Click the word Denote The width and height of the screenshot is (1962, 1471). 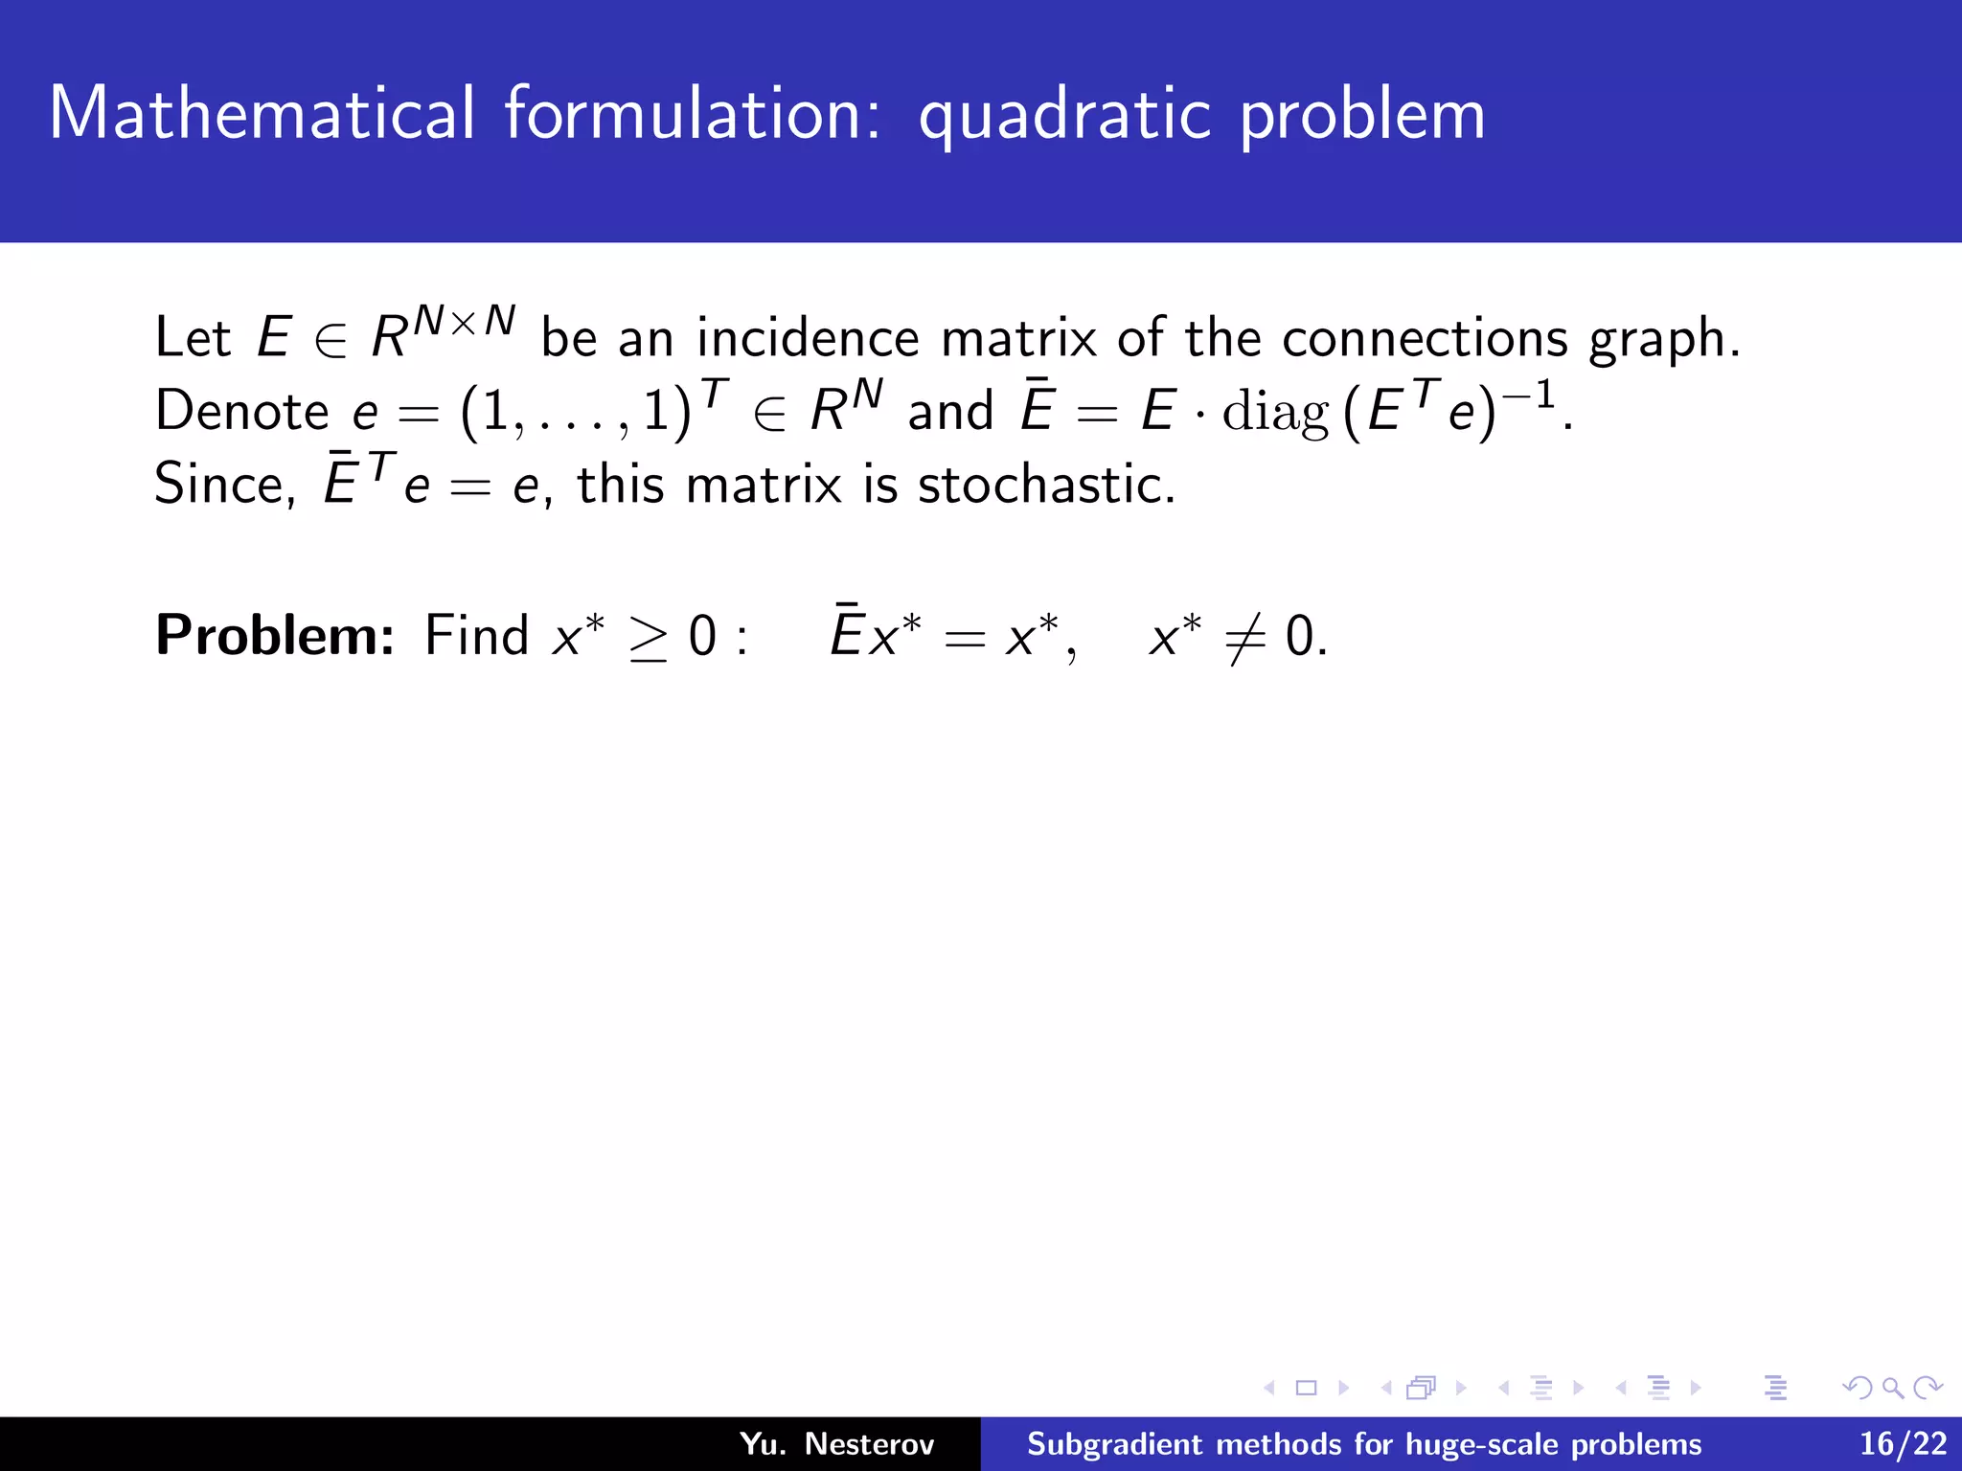pos(241,412)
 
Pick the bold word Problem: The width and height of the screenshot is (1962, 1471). pos(275,635)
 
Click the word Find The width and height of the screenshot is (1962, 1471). pos(476,635)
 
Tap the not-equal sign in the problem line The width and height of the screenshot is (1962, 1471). pos(1245,637)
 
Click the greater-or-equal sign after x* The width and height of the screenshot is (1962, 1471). pos(648,638)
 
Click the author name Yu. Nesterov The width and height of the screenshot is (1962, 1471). pos(835,1443)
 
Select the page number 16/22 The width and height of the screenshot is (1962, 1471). pos(1903,1443)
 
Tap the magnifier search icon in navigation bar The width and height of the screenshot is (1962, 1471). pos(1891,1388)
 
